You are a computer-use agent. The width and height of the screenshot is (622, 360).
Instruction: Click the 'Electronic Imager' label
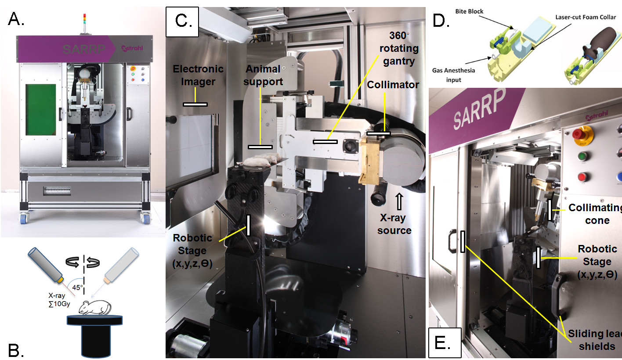click(x=198, y=76)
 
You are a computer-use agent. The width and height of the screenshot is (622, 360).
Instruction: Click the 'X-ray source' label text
click(x=394, y=224)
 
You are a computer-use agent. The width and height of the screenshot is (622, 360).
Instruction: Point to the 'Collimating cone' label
click(x=595, y=214)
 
